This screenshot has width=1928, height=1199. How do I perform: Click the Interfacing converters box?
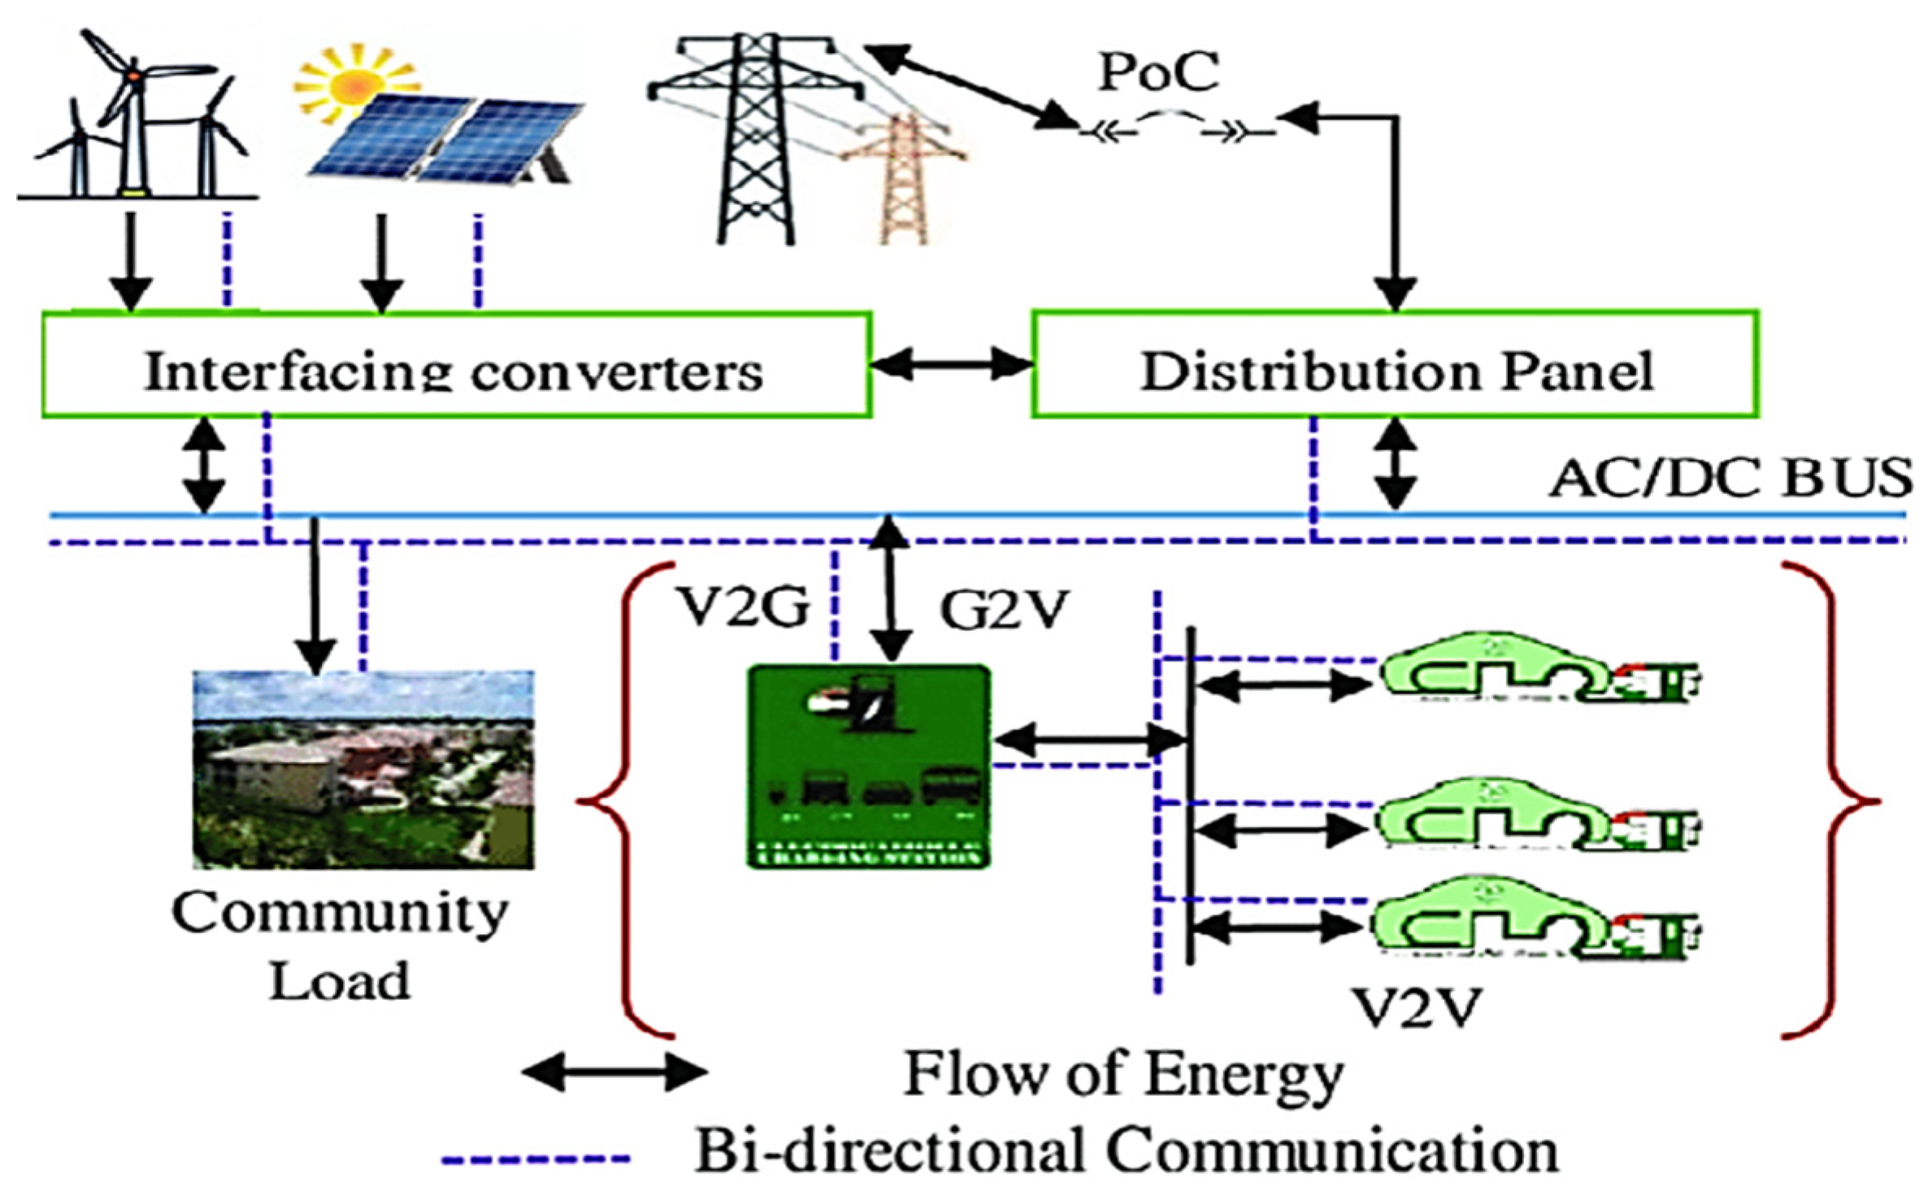456,365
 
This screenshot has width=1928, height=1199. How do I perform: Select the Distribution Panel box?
1395,365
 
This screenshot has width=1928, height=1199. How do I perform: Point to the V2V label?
1419,1008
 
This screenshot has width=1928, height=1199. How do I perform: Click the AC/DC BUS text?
1730,478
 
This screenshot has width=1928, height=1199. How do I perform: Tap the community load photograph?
363,768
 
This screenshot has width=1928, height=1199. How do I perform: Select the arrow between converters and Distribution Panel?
952,365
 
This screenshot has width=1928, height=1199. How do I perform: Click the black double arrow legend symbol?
614,1073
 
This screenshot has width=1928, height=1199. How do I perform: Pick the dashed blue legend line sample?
536,1159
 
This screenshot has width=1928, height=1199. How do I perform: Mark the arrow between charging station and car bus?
1089,740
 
